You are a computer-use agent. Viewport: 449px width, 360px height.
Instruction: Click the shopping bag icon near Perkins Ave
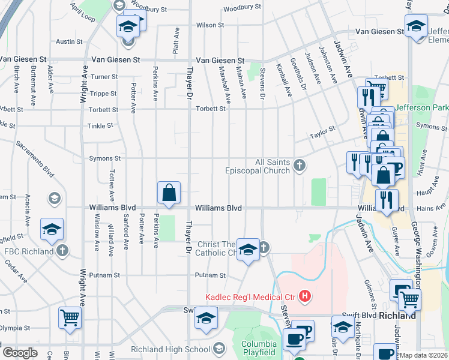[x=169, y=193]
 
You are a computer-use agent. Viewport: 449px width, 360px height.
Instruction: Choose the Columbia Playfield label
[x=259, y=348]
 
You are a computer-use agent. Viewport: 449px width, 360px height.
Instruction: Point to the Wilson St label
[x=210, y=25]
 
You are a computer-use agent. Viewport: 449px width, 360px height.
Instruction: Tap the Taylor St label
[x=322, y=137]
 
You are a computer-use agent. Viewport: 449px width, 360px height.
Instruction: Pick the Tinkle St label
[x=101, y=125]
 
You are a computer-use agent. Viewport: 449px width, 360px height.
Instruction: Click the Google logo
[x=19, y=353]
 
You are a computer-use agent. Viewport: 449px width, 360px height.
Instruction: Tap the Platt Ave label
[x=175, y=43]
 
